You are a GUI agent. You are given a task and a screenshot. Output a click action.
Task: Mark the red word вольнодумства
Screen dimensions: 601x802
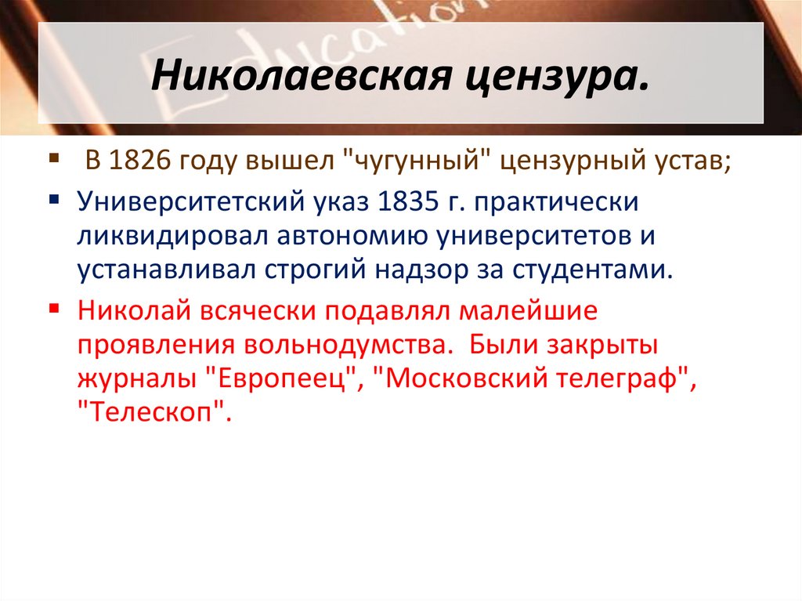(350, 344)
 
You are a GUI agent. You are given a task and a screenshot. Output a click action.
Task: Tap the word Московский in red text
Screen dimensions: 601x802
(461, 378)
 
